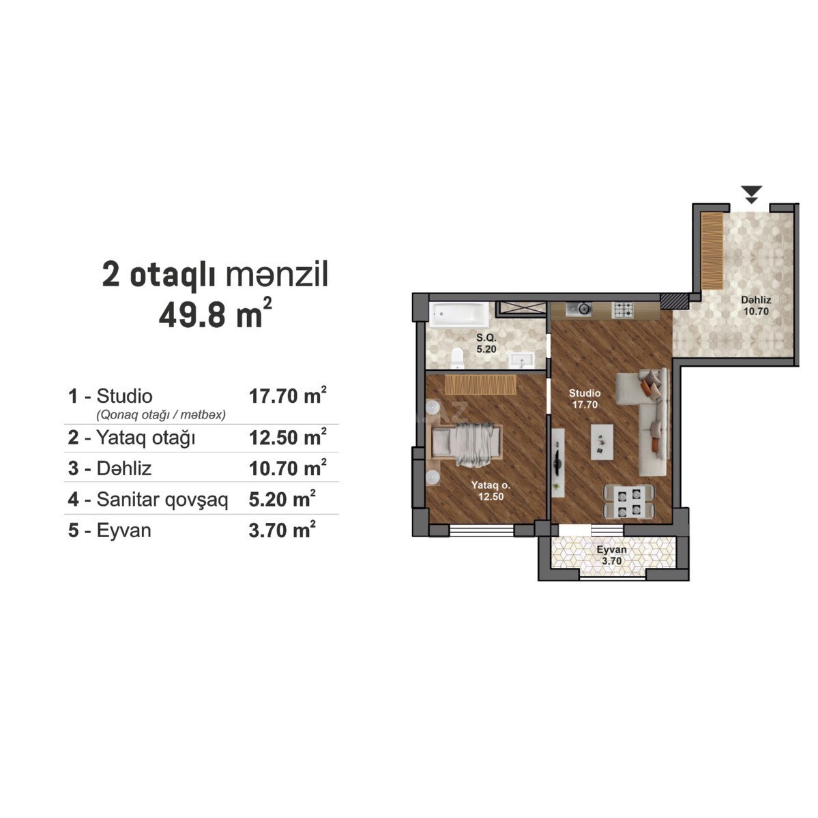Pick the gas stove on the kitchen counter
(622, 309)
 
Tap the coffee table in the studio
(602, 442)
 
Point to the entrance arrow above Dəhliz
(751, 194)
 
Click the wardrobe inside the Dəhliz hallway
(712, 252)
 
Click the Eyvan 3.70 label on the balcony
(611, 556)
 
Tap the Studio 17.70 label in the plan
(585, 399)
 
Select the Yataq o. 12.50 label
(491, 491)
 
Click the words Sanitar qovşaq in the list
(162, 500)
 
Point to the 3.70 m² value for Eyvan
(282, 530)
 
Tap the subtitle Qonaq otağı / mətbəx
(161, 414)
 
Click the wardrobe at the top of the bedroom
(480, 384)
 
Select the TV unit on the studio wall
(558, 463)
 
